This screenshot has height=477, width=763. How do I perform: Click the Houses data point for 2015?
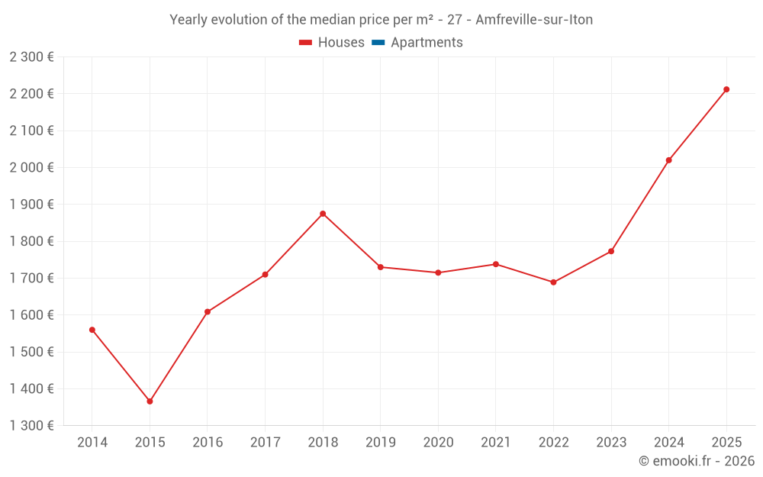pos(150,401)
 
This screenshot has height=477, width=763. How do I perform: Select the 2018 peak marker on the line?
pos(323,214)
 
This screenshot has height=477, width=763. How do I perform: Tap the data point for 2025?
pos(726,89)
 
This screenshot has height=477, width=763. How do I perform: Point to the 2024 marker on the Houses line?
pos(668,160)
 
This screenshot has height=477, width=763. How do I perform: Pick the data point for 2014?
pos(92,330)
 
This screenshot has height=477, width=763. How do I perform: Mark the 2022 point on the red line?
pos(553,282)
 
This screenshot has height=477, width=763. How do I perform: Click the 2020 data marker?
pos(438,272)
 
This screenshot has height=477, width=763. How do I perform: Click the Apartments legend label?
pos(427,43)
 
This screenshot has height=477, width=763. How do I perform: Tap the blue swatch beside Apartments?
pos(378,43)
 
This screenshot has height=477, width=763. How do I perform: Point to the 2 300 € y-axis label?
pos(32,56)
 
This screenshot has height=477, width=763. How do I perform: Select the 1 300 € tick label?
pos(32,426)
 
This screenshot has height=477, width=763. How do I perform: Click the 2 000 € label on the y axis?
pos(32,167)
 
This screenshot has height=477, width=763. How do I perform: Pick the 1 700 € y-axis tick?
pos(32,278)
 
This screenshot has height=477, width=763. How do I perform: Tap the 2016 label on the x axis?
pos(208,443)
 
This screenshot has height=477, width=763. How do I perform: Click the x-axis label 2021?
pos(496,443)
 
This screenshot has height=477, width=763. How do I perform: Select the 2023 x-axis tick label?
pos(611,443)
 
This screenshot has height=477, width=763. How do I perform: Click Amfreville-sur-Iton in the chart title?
pos(534,20)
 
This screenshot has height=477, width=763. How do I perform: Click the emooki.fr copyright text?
pos(697,461)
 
